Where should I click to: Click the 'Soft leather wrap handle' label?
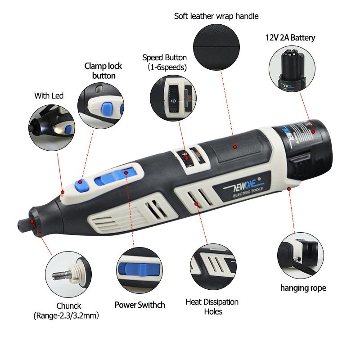tap(216, 16)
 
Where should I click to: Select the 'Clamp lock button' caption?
tap(103, 71)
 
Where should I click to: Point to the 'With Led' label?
tap(49, 95)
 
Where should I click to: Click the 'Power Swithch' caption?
tap(139, 305)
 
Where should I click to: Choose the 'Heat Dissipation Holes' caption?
tap(212, 306)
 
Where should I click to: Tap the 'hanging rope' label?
tap(303, 288)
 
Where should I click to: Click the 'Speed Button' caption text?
tap(164, 58)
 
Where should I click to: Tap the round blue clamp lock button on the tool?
tap(81, 182)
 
